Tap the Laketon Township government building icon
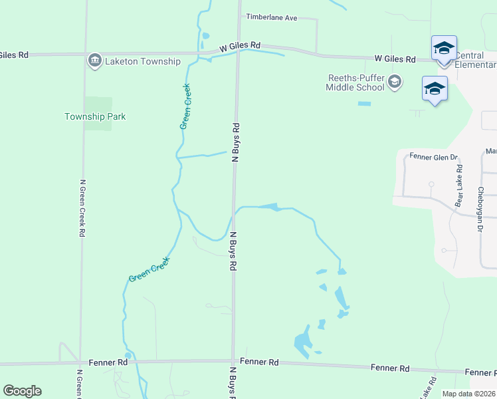point(94,61)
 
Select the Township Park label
point(95,116)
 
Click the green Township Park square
point(98,113)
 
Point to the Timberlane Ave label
point(272,17)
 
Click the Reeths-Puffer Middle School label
point(356,82)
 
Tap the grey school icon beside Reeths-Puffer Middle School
point(395,82)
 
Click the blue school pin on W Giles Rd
point(444,49)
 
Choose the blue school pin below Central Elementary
point(435,89)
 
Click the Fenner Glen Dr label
point(434,158)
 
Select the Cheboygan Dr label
point(480,209)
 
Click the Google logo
point(22,391)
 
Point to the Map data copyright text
point(468,394)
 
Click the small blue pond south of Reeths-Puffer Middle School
point(364,104)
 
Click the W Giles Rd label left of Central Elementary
point(395,59)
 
